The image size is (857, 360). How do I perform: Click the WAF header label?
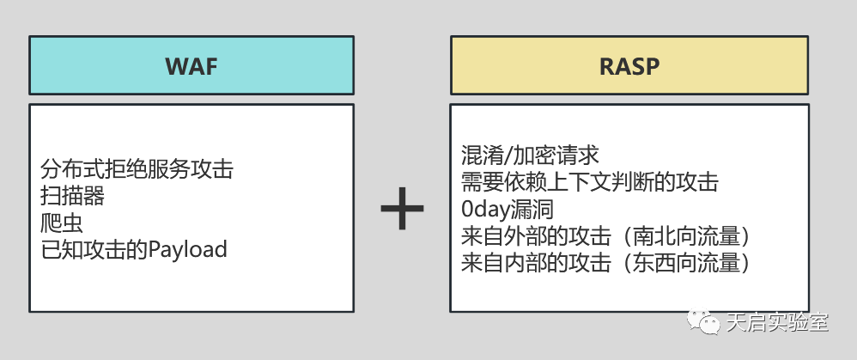tap(191, 65)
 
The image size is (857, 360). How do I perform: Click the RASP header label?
tap(629, 65)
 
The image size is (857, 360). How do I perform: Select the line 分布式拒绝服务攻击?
tap(137, 169)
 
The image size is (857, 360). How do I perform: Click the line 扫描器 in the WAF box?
tap(72, 196)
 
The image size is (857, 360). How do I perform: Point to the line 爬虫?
tap(62, 223)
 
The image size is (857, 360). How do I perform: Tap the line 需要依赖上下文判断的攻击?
tap(589, 182)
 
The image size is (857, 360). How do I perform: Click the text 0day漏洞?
tap(508, 209)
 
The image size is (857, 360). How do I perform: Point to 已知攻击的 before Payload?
tap(94, 249)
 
